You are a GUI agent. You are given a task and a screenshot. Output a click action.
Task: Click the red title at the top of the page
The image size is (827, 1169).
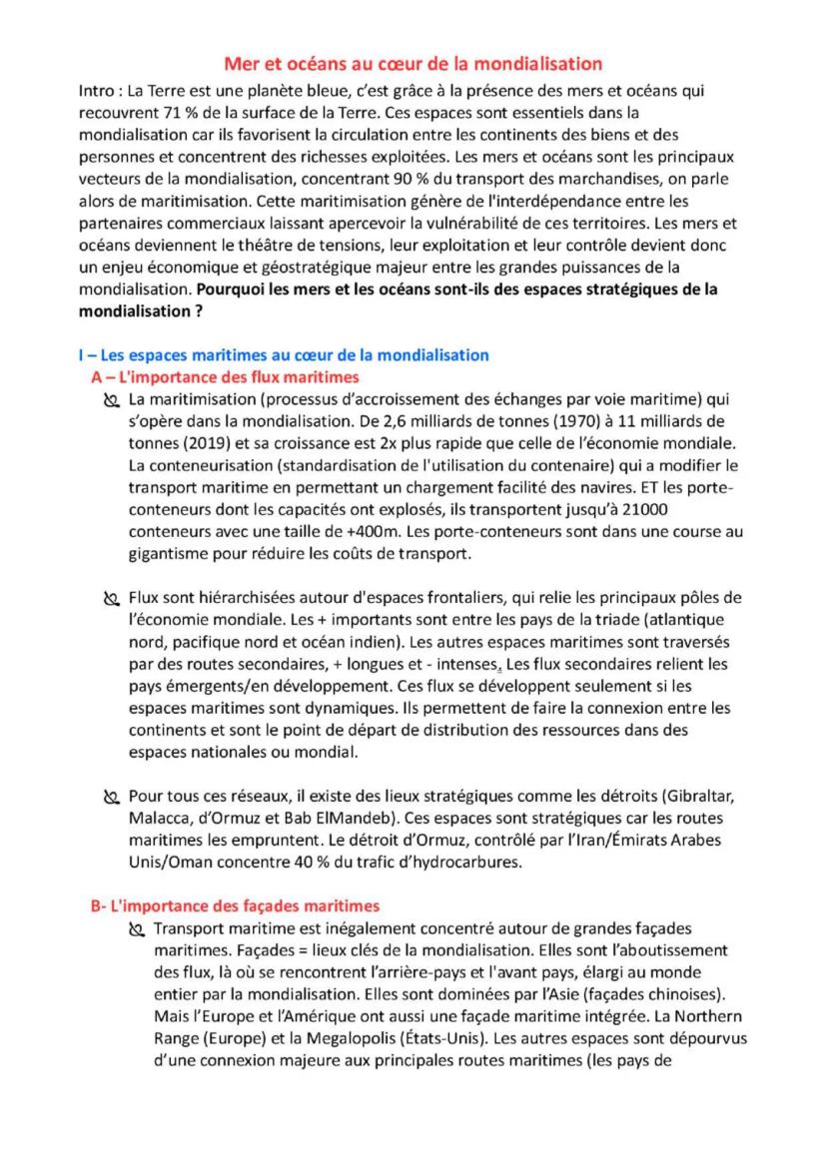point(413,64)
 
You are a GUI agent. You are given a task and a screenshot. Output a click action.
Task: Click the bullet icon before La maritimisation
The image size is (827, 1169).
point(111,401)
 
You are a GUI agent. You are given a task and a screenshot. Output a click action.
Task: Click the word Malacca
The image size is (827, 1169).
point(159,815)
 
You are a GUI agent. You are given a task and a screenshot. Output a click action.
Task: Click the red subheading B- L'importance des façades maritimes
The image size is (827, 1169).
point(235,905)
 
